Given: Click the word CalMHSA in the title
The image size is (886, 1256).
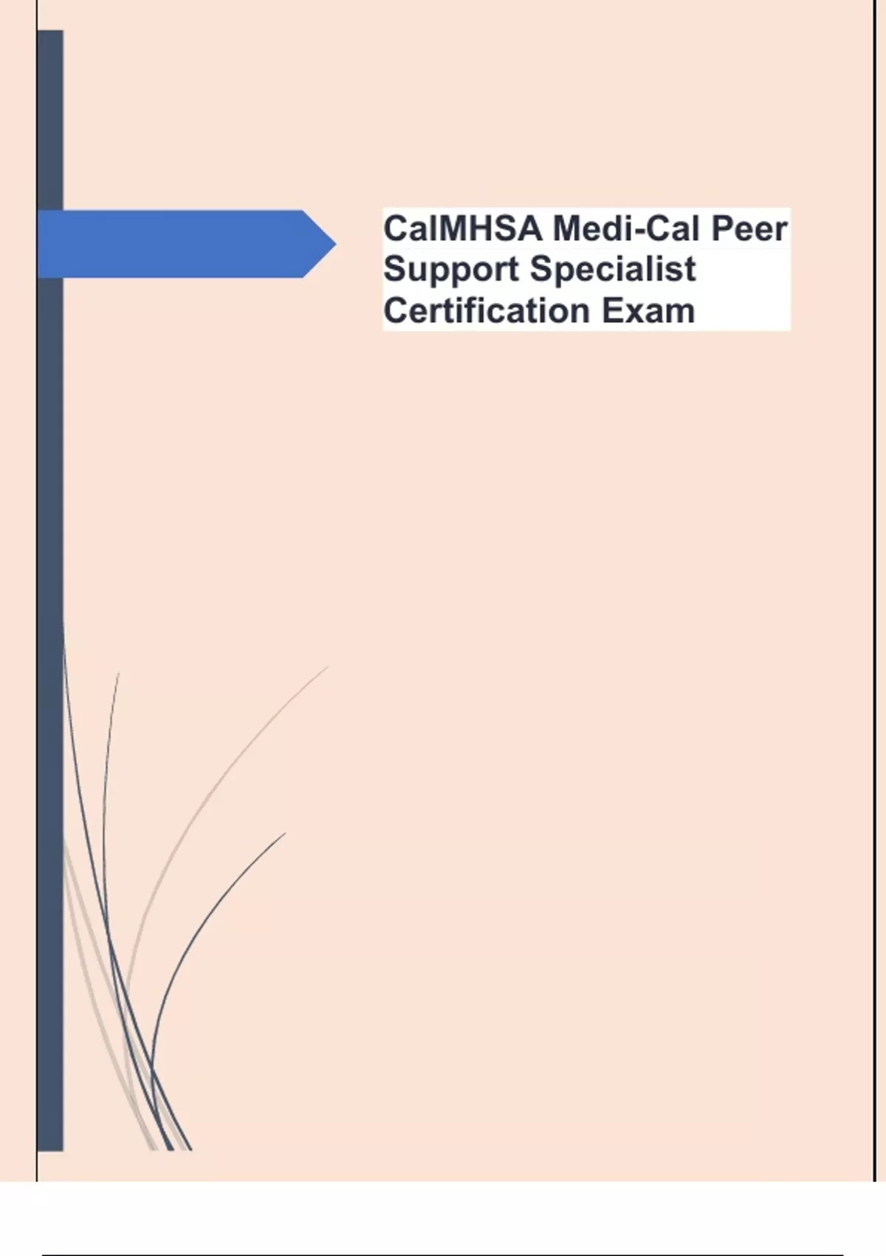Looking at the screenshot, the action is pyautogui.click(x=463, y=229).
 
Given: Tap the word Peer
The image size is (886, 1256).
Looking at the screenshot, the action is pyautogui.click(x=749, y=230).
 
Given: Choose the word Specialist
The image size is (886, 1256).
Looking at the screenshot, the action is pyautogui.click(x=613, y=270).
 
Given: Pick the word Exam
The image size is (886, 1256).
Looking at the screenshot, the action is pyautogui.click(x=648, y=310).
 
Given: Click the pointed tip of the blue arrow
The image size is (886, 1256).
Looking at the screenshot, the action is pyautogui.click(x=336, y=244).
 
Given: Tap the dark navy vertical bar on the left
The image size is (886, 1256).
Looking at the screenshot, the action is pyautogui.click(x=50, y=590).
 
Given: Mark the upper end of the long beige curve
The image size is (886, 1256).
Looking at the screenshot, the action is pyautogui.click(x=327, y=666).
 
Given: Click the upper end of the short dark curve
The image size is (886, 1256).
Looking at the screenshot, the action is pyautogui.click(x=285, y=834).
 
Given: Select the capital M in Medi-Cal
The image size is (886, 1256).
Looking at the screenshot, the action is pyautogui.click(x=569, y=229).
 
